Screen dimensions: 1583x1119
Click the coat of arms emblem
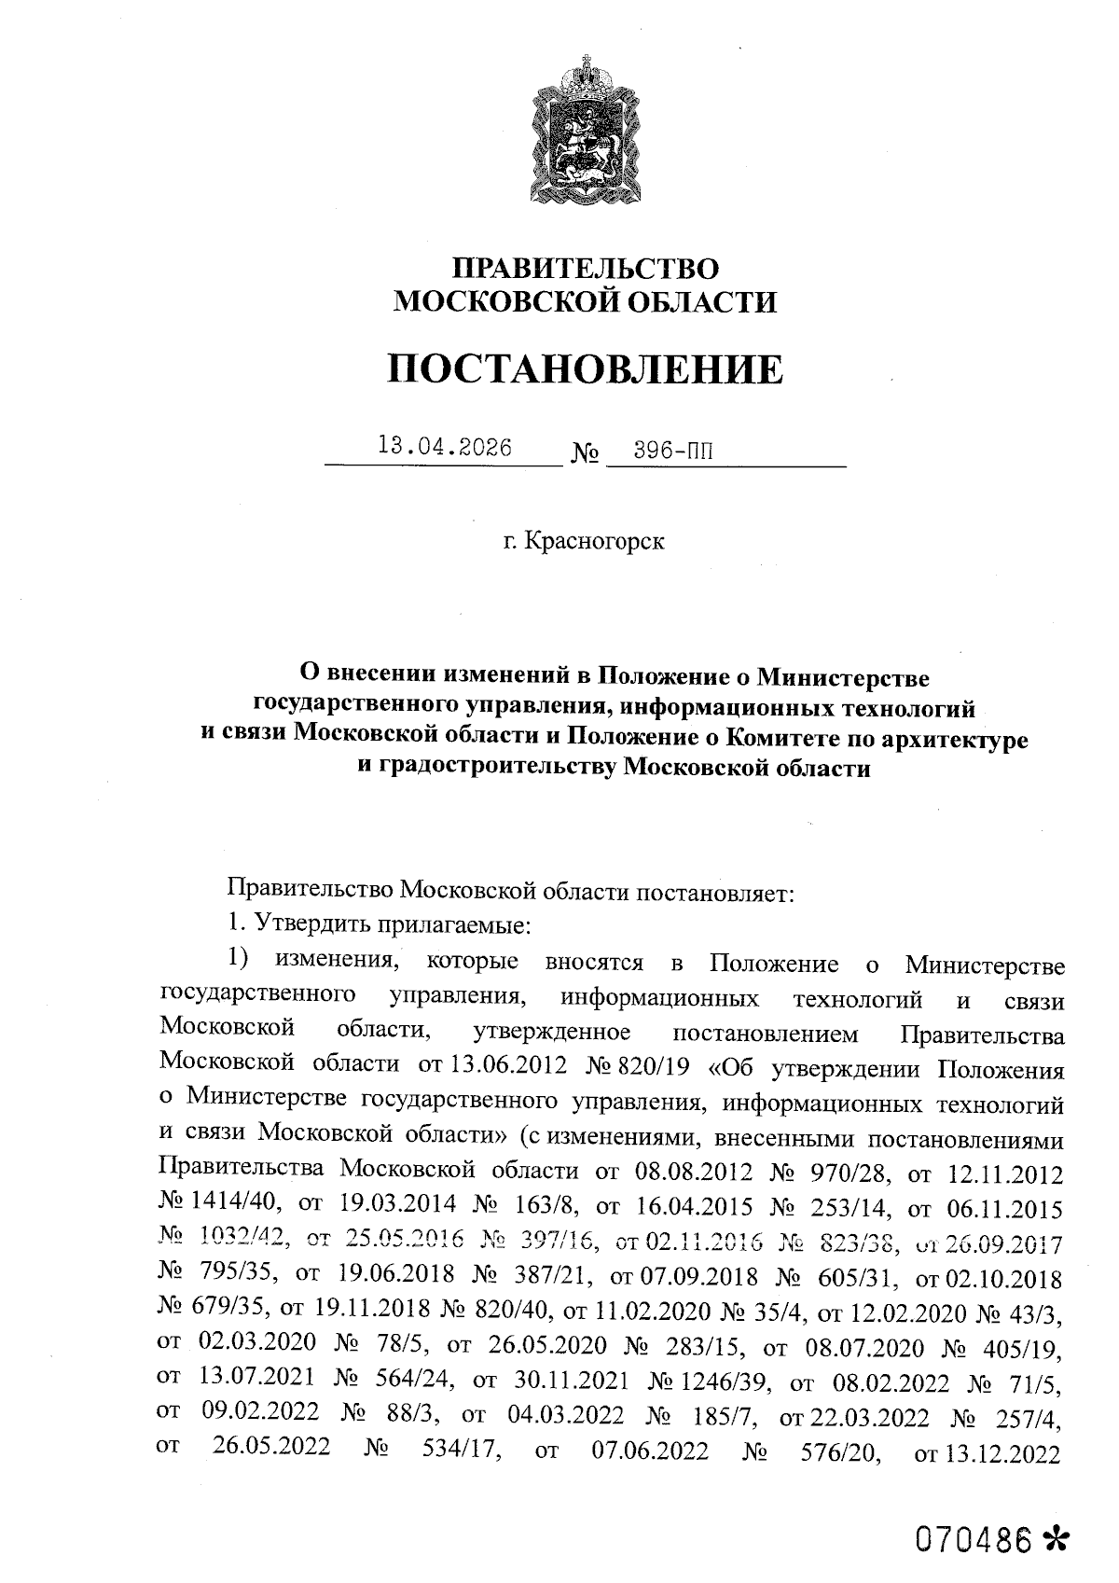pos(587,140)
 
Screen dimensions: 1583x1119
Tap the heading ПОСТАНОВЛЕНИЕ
pos(587,369)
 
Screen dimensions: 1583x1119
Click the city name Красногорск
pos(595,541)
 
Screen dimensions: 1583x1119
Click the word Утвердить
pos(308,923)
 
